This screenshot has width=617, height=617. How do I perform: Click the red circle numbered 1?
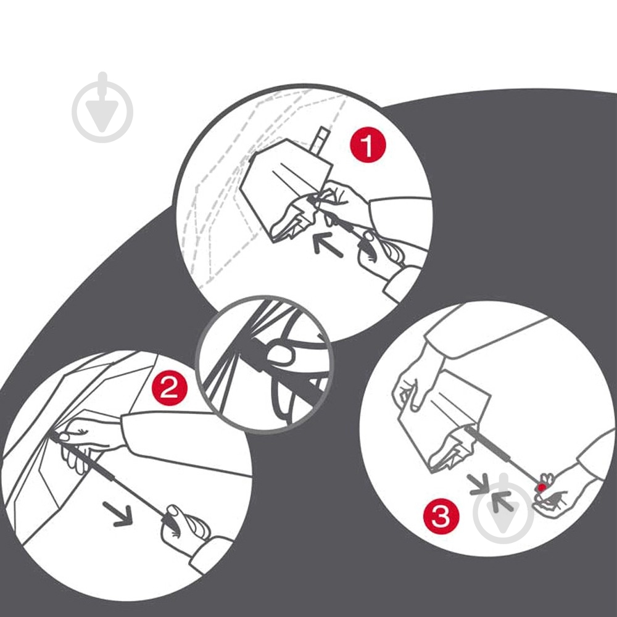point(368,145)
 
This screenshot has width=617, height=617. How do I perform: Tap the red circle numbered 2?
point(170,388)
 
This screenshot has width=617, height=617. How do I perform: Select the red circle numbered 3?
point(441,515)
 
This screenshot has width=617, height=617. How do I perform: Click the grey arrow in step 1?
point(328,245)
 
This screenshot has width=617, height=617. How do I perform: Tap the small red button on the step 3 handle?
point(542,487)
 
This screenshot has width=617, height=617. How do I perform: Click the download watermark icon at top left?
point(102,107)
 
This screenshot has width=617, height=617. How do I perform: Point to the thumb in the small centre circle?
point(280,354)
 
